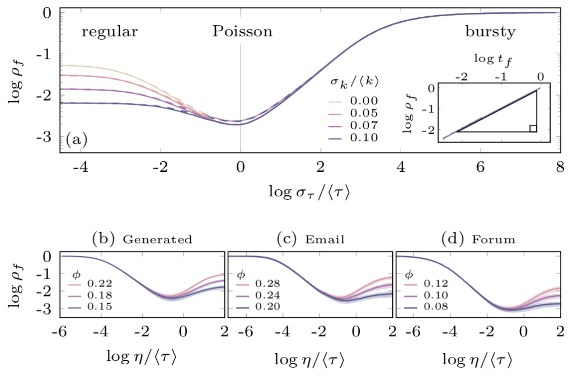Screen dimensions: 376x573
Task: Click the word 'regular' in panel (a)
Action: (110, 32)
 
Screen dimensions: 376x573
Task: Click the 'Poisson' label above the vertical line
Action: (242, 32)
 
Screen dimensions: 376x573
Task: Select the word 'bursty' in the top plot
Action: (490, 32)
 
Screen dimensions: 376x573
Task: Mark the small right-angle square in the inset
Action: (533, 128)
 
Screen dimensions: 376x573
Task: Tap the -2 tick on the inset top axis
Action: (461, 75)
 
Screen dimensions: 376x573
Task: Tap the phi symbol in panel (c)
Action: (241, 274)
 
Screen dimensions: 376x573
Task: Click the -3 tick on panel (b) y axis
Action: (51, 309)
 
